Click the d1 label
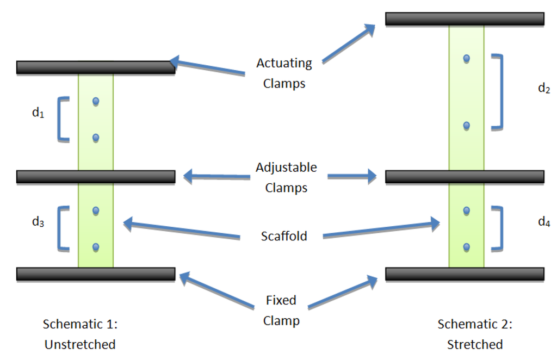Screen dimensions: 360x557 tap(38, 114)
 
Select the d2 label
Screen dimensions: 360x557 tap(543, 89)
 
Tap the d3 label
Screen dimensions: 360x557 tap(38, 221)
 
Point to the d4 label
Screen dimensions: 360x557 tap(543, 221)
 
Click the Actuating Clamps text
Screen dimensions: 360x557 tap(284, 73)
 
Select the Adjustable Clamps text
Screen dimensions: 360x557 tap(286, 177)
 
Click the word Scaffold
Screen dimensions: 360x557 tap(284, 236)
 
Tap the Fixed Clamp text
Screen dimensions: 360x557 tap(281, 310)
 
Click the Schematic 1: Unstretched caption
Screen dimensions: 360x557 tap(80, 334)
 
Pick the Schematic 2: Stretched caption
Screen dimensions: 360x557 tap(475, 334)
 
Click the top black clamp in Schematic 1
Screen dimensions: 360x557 tap(96, 67)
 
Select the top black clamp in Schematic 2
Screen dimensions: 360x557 tap(465, 18)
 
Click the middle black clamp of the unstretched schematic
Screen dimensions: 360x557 tap(96, 177)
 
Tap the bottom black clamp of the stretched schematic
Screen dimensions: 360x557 tap(465, 274)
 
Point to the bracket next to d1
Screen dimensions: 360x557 tap(63, 119)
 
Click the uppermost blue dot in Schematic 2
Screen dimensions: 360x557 tap(466, 58)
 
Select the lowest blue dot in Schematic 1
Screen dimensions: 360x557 tap(96, 247)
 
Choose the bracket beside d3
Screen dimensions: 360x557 tap(63, 228)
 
